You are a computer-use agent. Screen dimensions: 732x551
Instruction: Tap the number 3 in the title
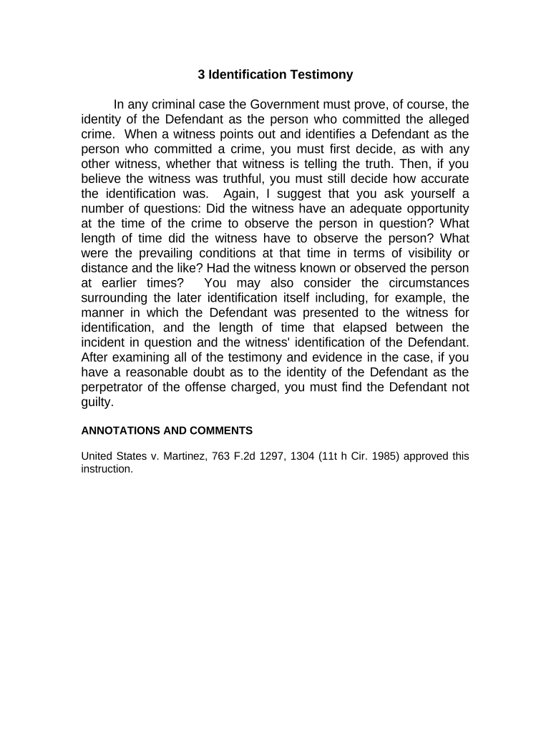[x=202, y=74]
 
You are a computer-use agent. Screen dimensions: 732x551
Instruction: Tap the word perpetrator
[x=114, y=387]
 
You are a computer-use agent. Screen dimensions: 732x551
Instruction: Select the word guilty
[x=97, y=402]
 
